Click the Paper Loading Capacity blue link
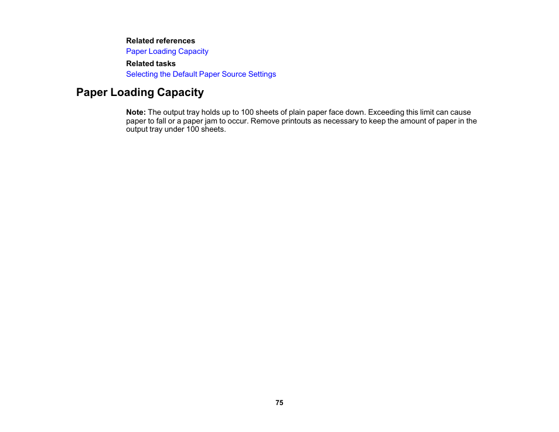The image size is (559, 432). pos(167,52)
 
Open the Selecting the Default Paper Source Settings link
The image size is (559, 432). pos(201,74)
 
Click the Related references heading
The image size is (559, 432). pos(161,41)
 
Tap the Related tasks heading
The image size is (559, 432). pos(151,64)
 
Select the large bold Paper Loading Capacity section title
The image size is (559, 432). pos(140,92)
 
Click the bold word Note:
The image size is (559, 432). pos(136,112)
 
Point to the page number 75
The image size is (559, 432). pos(279,403)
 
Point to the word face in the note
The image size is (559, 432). pos(337,112)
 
